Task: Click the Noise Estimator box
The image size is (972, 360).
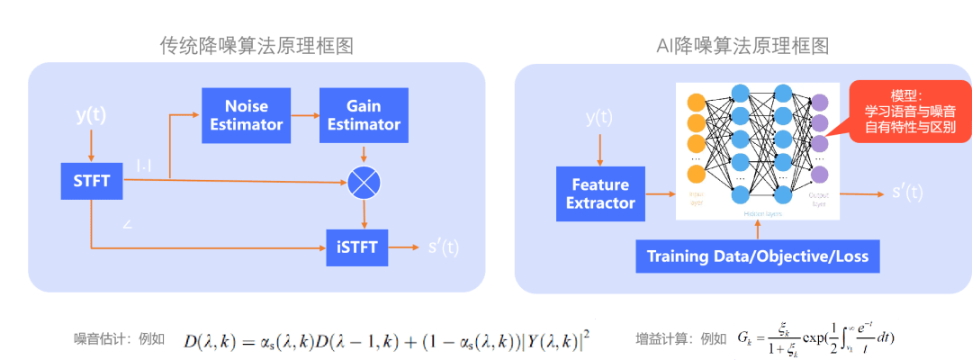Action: click(x=247, y=115)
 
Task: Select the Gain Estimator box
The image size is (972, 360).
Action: click(x=363, y=115)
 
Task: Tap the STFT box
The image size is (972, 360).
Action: click(x=91, y=181)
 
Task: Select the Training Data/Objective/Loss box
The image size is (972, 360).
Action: click(x=758, y=256)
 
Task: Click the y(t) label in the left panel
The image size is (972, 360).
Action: click(x=91, y=115)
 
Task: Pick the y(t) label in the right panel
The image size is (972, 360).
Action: click(x=599, y=117)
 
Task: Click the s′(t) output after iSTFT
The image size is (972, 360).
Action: click(x=444, y=247)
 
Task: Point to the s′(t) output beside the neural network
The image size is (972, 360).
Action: click(x=907, y=192)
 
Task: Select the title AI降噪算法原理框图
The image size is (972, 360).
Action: click(x=742, y=46)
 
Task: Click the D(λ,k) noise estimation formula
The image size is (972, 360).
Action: click(x=386, y=338)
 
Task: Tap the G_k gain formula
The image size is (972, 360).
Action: click(x=815, y=338)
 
